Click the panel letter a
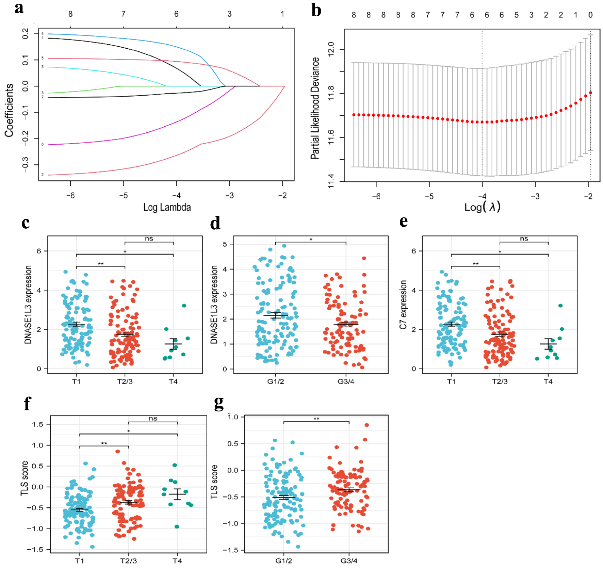[19, 8]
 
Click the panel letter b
[316, 10]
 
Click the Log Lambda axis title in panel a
[167, 207]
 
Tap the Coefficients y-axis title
[9, 110]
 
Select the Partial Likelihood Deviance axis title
[315, 108]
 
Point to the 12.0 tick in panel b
[331, 49]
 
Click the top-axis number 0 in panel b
[590, 15]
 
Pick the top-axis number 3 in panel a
[229, 14]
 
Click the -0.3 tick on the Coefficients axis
[26, 165]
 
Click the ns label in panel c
[149, 239]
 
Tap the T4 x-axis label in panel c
[173, 381]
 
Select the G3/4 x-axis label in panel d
[346, 381]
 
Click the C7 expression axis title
[403, 305]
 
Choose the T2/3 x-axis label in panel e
[500, 381]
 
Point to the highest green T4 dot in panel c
[184, 306]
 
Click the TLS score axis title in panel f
[25, 478]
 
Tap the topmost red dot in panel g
[367, 425]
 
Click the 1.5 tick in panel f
[38, 424]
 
